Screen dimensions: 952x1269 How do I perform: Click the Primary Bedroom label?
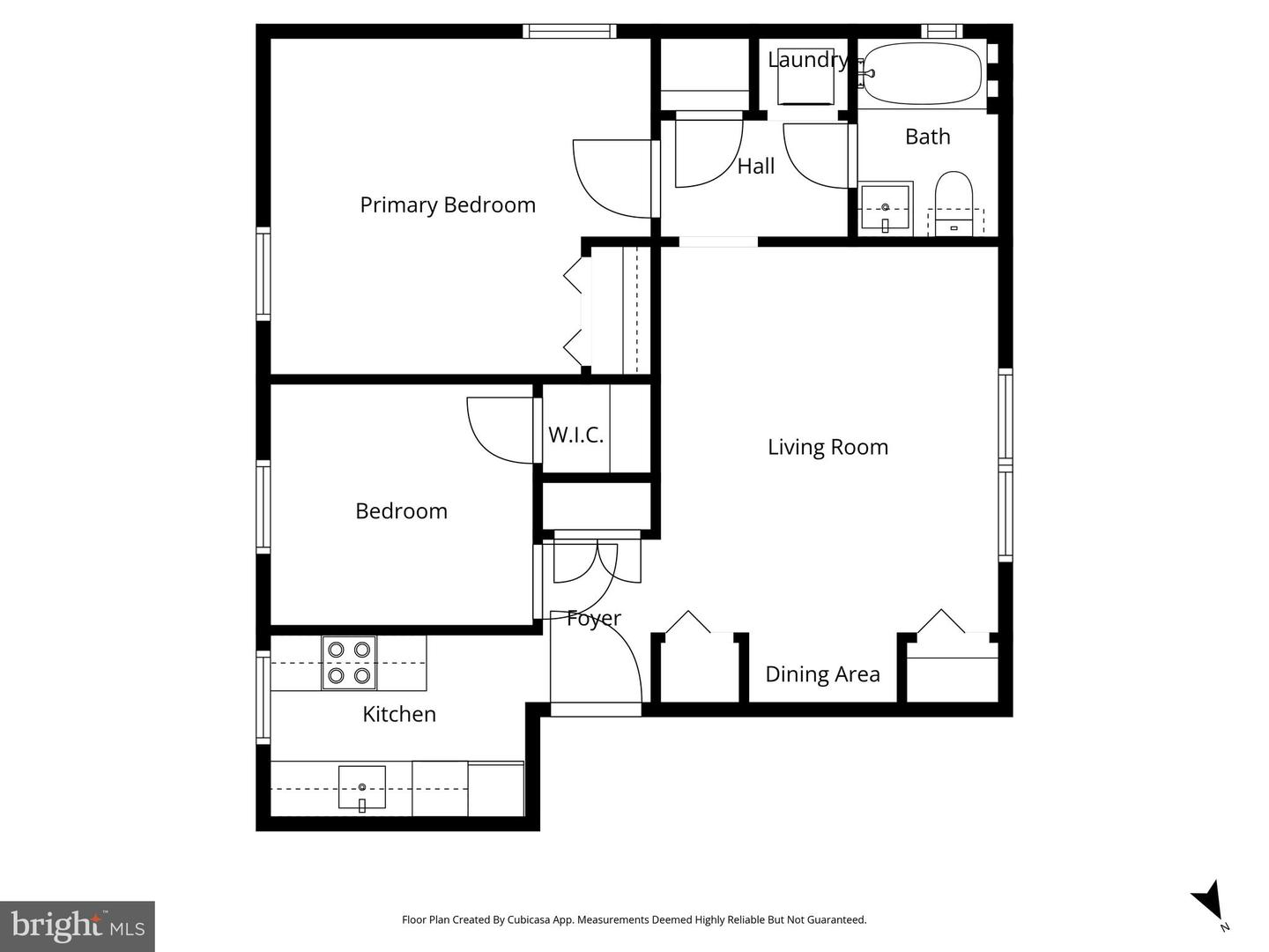point(448,205)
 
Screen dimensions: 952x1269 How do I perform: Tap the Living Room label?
point(827,447)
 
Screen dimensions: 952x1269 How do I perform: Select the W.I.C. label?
point(575,435)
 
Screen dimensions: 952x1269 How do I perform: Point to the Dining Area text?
point(822,674)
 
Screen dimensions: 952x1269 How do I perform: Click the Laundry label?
point(807,60)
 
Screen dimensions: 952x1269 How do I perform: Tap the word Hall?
point(756,166)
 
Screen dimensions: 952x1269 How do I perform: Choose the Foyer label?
point(593,618)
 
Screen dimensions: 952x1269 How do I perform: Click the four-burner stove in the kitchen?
point(349,663)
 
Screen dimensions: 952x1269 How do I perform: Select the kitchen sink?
point(362,786)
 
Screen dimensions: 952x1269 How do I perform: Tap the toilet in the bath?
point(953,203)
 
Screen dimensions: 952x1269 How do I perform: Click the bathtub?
point(924,74)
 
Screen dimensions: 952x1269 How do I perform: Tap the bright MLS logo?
point(78,926)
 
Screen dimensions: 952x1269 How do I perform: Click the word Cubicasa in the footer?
point(525,919)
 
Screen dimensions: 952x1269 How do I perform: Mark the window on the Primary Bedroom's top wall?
point(569,32)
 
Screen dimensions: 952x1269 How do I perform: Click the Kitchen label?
point(399,714)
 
